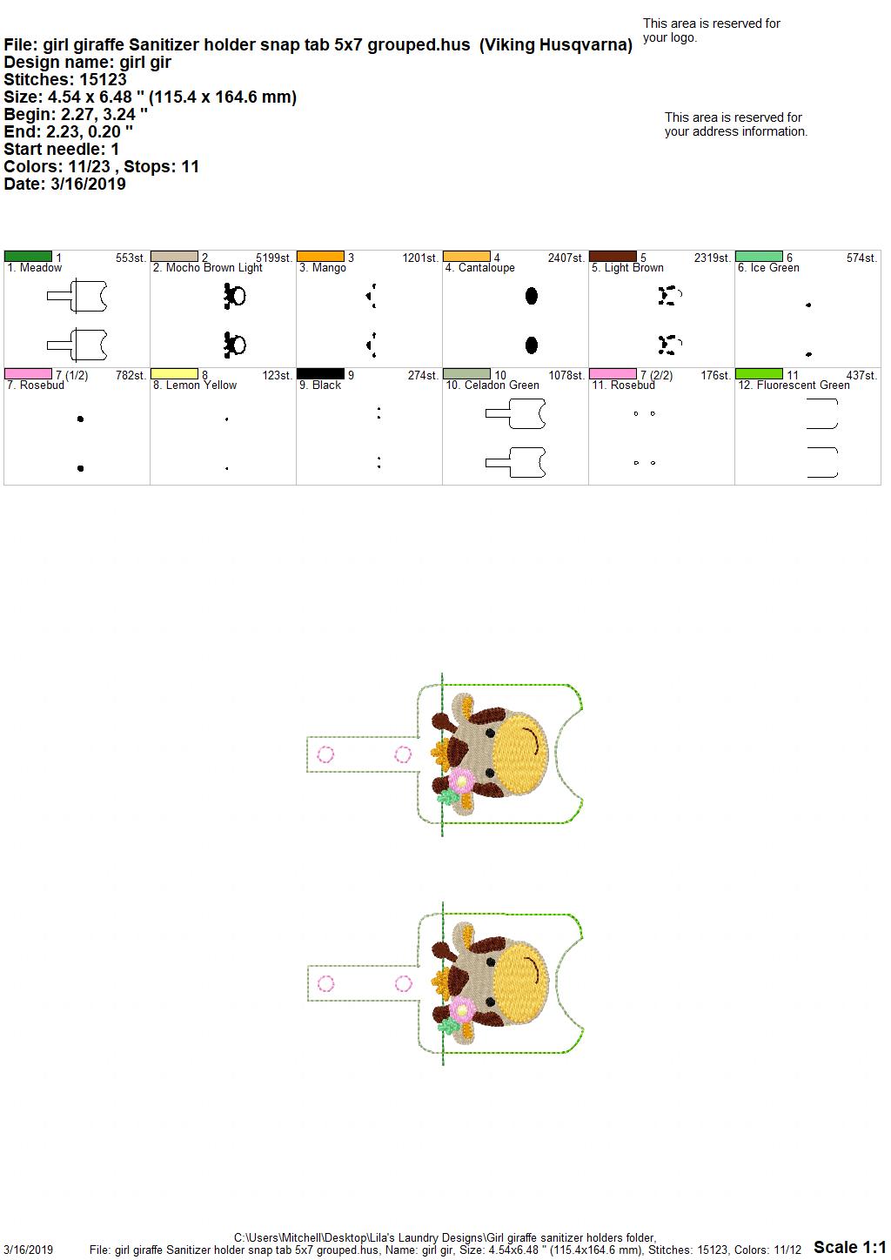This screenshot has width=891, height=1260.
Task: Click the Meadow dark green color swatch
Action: tap(28, 257)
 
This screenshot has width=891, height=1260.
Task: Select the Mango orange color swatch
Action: tap(320, 257)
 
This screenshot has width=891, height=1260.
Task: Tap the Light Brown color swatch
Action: tap(613, 257)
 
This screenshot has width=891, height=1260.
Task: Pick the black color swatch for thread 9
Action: tap(320, 373)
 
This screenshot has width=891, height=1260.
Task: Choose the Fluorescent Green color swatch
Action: tap(759, 373)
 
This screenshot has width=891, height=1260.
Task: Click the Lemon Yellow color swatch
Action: tap(174, 373)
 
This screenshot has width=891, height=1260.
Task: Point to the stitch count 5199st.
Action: tap(274, 258)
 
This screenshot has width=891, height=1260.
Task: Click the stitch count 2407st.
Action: tap(566, 258)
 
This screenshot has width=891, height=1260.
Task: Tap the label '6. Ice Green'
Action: tap(768, 268)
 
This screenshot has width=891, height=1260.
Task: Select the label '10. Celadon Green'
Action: tap(492, 385)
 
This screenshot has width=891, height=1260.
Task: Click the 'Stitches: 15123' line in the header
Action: tap(65, 79)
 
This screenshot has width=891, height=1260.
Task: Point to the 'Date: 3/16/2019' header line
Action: tap(64, 184)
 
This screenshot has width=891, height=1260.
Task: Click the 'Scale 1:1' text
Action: tap(850, 1246)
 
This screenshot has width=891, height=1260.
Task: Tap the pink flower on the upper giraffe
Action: tap(461, 781)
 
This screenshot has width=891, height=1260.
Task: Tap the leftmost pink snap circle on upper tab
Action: tap(325, 754)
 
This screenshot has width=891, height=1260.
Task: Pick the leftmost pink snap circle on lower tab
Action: tap(326, 984)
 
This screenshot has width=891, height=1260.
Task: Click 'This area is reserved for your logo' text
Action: tap(712, 30)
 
